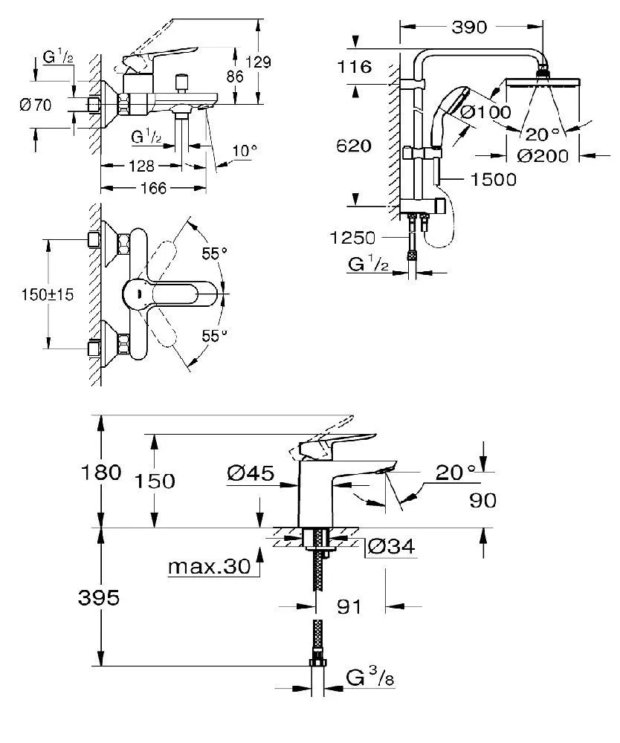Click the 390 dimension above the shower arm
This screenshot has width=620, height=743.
(x=469, y=27)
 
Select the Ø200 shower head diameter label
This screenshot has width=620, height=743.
(x=543, y=156)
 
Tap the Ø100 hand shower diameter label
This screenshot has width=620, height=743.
(x=486, y=112)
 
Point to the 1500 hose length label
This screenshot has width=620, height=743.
(x=494, y=179)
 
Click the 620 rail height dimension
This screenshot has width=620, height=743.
(x=354, y=146)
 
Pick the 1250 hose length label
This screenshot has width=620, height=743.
(x=352, y=238)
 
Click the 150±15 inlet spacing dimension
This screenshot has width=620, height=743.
(x=48, y=295)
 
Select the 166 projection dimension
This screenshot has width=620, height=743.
(x=154, y=188)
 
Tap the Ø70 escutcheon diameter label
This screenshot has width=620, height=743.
(x=36, y=105)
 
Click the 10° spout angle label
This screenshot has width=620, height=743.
(x=245, y=151)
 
